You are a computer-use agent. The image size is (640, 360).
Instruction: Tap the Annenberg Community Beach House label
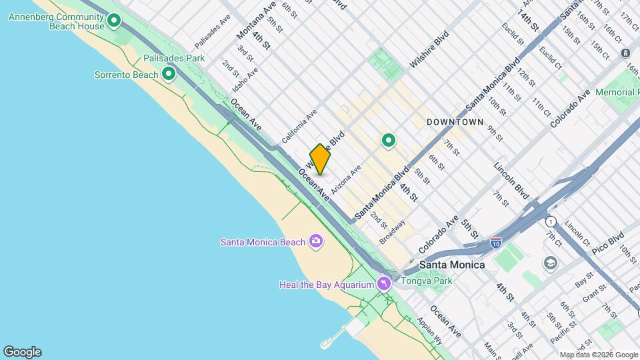coord(57,21)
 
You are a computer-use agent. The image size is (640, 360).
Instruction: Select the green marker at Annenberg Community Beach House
coord(114,21)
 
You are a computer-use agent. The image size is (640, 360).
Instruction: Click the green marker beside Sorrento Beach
coord(169,74)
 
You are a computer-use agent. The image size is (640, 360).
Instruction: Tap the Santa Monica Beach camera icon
coord(316,241)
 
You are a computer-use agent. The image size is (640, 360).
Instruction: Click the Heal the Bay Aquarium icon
coord(383,285)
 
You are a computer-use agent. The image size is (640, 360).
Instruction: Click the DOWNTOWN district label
coord(455,123)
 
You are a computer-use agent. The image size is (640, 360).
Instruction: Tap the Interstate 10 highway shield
coord(496,243)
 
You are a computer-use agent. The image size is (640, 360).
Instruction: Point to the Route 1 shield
coord(551,221)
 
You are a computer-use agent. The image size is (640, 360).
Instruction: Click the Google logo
coord(22,352)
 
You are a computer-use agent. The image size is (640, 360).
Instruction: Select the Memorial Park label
coord(617,92)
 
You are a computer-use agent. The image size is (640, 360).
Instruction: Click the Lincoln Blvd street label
coord(511,179)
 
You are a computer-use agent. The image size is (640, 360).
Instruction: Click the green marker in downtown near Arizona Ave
coord(389,141)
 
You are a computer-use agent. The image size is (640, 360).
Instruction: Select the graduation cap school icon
coord(551,263)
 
